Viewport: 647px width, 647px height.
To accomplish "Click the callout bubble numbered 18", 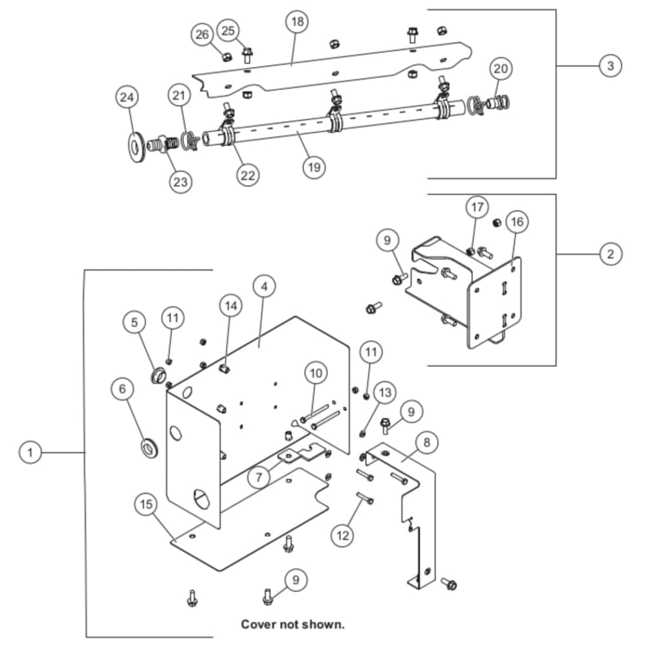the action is point(298,21).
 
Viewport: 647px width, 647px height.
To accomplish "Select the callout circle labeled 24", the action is point(127,98).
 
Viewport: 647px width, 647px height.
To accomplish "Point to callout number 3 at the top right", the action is point(610,65).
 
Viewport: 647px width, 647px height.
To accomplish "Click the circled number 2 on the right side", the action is point(610,254).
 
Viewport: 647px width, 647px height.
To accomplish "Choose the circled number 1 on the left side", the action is point(30,452).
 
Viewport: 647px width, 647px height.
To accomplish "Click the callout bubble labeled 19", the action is point(314,167).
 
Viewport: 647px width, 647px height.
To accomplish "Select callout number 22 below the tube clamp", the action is point(248,175).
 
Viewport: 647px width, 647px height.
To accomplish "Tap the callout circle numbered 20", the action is point(501,69).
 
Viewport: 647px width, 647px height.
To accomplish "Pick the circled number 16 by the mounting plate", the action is point(517,222).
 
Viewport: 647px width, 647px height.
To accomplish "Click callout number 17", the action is point(477,207).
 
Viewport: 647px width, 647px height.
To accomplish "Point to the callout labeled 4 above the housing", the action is point(265,287).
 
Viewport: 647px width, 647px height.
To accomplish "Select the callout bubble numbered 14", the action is point(231,306).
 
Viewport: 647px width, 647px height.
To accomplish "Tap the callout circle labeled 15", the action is point(146,504).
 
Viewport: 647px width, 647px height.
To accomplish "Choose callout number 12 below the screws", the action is point(343,536).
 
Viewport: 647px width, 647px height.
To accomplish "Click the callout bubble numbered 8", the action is point(426,443).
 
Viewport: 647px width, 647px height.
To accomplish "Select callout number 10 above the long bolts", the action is point(316,373).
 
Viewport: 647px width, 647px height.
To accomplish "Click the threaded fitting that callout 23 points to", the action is point(163,144).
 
